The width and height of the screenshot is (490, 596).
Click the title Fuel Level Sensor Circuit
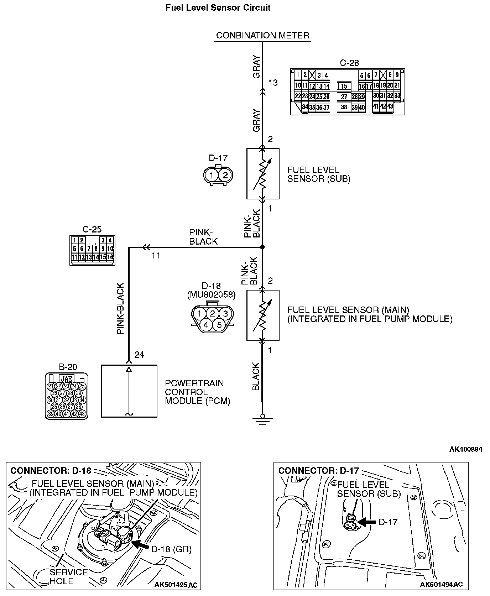[218, 7]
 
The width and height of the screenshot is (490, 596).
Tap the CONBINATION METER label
[262, 35]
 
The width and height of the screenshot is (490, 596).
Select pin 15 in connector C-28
[344, 86]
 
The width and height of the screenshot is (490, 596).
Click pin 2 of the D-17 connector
[225, 175]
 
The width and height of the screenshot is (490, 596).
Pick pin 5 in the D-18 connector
[219, 325]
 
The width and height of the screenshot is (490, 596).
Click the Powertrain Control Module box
[129, 391]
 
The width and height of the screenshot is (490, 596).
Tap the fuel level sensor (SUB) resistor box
[263, 173]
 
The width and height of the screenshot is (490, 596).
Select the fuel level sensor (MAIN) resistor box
[263, 315]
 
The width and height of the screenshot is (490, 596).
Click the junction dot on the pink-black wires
[262, 247]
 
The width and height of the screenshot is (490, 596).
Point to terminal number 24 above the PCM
[139, 355]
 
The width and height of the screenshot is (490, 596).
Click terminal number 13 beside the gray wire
[273, 83]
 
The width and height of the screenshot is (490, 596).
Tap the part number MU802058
[211, 294]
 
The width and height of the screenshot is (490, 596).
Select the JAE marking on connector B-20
[67, 379]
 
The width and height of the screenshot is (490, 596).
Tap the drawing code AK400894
[465, 449]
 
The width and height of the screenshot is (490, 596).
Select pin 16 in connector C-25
[110, 257]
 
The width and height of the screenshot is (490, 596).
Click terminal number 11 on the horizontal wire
[156, 256]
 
